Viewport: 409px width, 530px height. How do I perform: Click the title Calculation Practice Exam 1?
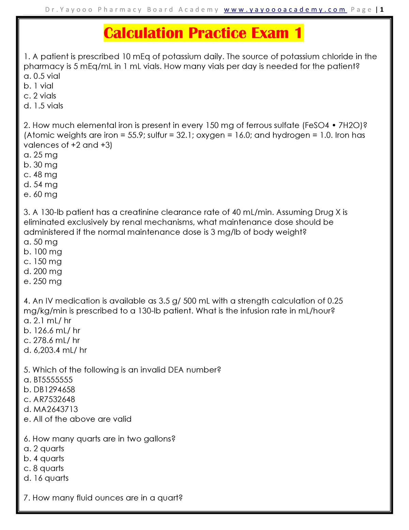point(203,33)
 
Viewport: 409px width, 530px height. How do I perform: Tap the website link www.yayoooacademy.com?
point(285,10)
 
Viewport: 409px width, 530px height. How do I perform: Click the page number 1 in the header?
point(382,10)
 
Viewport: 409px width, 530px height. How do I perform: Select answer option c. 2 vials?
point(40,96)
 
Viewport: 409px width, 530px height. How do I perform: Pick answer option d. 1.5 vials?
point(43,106)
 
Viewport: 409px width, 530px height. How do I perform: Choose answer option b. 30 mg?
point(41,165)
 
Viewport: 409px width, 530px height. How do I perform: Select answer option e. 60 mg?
point(41,195)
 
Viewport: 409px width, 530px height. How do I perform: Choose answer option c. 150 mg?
point(43,262)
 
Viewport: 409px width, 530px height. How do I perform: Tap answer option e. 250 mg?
point(43,282)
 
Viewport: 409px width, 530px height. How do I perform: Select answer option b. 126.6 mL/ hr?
point(52,331)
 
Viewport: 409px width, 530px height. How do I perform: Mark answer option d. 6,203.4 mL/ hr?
point(55,350)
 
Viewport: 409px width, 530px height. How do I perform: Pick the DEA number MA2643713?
point(56,409)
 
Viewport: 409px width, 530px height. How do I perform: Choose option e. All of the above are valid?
point(77,419)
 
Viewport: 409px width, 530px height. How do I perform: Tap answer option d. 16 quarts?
point(46,478)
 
